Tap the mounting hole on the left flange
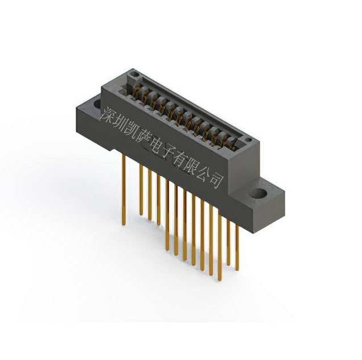pyautogui.click(x=94, y=105)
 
